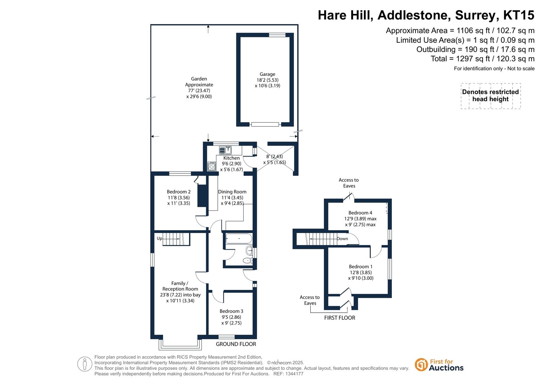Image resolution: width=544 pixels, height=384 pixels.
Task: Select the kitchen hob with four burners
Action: point(212,166)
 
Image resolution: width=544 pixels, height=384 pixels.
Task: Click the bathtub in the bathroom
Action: point(239,239)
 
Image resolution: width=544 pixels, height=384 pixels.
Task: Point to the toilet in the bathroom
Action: point(247,261)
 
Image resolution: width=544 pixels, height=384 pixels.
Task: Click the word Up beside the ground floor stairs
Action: point(159,238)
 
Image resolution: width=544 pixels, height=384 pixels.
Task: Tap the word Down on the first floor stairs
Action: point(342,239)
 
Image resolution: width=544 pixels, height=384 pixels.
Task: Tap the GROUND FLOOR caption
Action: point(236,344)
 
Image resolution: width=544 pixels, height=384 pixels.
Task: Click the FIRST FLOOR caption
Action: point(340,317)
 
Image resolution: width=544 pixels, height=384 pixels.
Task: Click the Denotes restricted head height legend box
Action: point(491,96)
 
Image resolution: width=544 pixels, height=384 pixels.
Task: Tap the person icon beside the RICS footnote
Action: point(84,364)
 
